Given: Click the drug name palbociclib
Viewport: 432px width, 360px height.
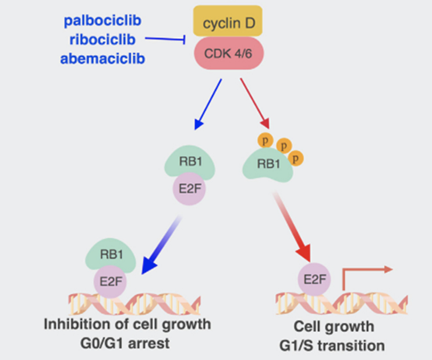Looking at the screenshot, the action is tap(102, 21).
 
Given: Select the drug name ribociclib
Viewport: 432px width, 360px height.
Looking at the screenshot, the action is tap(102, 40).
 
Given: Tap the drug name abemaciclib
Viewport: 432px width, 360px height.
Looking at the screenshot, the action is tap(102, 58).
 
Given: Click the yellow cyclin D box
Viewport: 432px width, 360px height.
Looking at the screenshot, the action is tap(228, 21).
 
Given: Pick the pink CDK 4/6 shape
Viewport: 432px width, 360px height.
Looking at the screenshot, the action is tap(228, 53).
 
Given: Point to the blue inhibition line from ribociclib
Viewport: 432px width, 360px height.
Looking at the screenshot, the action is tap(165, 40).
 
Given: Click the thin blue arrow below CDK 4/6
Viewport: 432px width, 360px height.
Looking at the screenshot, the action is tap(208, 104).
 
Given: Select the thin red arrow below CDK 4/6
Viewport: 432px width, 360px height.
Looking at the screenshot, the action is tap(255, 104).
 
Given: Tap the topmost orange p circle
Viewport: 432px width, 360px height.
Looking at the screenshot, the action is tap(265, 140).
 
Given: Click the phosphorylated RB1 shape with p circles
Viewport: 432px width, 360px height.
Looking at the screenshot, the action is tap(267, 165).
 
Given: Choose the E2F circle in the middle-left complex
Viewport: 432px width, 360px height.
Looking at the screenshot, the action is tap(189, 189).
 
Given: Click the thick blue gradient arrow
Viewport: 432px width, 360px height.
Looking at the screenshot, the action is tap(161, 245).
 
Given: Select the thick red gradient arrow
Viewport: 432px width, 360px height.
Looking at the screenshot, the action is tap(292, 228).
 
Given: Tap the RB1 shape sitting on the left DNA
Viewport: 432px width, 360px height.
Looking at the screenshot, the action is tap(111, 254).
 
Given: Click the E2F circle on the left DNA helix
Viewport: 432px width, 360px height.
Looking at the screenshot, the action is tap(110, 282).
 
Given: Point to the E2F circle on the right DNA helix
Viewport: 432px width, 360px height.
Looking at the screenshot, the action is tap(314, 280).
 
